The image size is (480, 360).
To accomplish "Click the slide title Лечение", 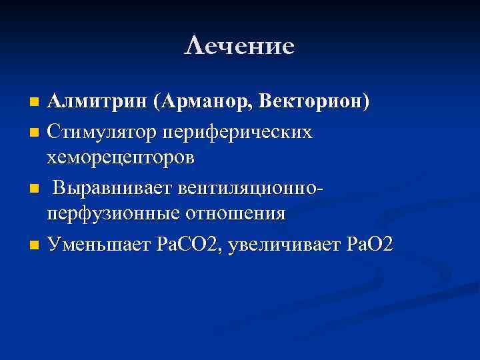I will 239,46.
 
